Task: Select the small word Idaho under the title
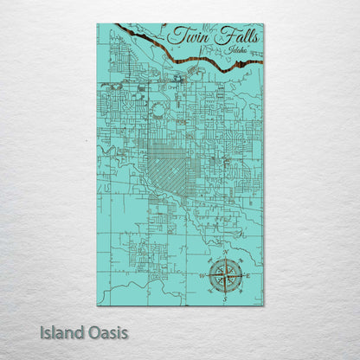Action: tap(231, 52)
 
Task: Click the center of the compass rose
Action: tap(227, 276)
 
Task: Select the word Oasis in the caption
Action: tap(110, 331)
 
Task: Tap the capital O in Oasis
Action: tap(97, 331)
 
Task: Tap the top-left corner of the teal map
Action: tap(97, 24)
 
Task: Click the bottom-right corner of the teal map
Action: tap(263, 305)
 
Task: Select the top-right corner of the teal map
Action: tap(263, 24)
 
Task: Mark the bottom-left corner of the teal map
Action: tap(97, 305)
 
